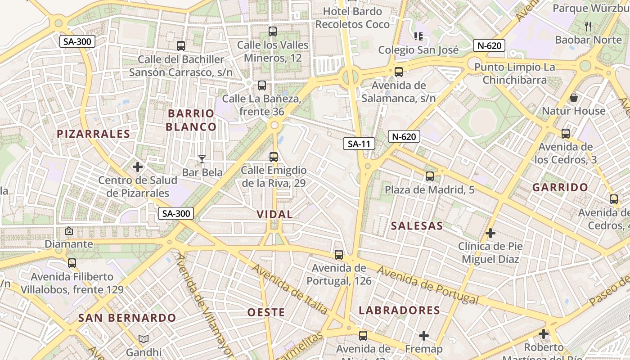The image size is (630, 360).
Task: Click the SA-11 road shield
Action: tap(359, 144)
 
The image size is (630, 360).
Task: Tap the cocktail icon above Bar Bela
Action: tap(202, 159)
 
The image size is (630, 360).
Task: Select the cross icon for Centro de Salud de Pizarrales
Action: tap(138, 167)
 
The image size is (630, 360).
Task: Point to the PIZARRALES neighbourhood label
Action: tap(94, 134)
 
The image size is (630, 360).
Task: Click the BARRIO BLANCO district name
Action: tap(191, 120)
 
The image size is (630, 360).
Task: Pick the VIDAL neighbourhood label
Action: tap(274, 215)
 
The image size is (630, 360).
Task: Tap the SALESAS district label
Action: tap(417, 226)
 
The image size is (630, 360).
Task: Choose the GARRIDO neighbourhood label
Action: tap(560, 188)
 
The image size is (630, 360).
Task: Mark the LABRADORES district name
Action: tap(399, 310)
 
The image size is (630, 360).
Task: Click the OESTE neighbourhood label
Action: tap(266, 312)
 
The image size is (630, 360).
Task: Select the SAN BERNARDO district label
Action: tap(127, 318)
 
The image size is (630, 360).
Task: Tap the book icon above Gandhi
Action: tap(144, 339)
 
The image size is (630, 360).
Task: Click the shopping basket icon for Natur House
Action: tap(574, 98)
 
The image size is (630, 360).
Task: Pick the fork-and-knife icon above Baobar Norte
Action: tap(588, 26)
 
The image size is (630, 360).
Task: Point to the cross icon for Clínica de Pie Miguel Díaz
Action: tap(490, 233)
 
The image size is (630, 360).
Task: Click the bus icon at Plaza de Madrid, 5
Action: tap(430, 176)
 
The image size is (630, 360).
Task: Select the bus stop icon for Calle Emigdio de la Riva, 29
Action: tap(274, 157)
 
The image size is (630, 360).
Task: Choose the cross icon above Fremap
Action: tap(423, 336)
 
